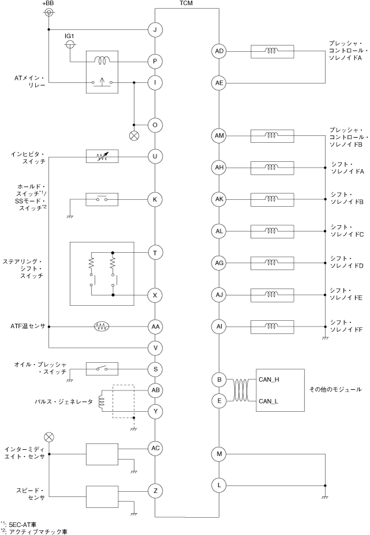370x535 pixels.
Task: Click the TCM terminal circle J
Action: pos(156,29)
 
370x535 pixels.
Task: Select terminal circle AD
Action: pos(219,51)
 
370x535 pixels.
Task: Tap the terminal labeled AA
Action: pos(156,327)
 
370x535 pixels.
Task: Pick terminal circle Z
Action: pos(156,491)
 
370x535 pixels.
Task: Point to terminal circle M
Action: pos(219,454)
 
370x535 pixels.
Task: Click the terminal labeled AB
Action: pos(156,390)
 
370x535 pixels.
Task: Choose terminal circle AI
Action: pos(219,327)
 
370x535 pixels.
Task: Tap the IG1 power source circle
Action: pos(70,44)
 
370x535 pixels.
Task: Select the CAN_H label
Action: pos(269,380)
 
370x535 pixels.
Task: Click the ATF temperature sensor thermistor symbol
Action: pos(102,327)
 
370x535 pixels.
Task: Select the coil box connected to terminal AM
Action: pos(270,136)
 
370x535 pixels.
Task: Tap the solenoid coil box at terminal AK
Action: pos(270,199)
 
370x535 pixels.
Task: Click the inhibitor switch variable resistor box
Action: pos(102,157)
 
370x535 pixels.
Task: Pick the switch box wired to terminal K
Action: pos(102,199)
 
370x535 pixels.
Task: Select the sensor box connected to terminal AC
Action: pos(102,454)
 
